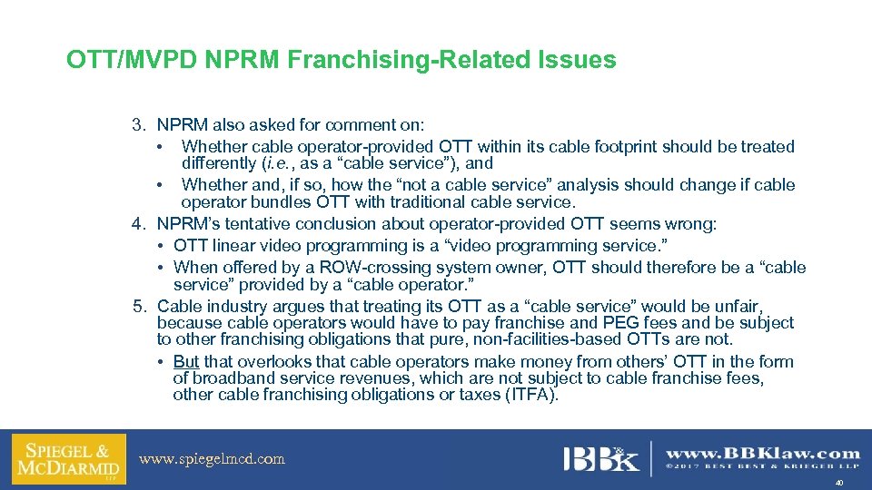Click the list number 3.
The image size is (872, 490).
tap(137, 125)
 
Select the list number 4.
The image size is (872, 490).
tap(137, 224)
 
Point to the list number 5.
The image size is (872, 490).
tap(137, 307)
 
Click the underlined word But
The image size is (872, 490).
tap(186, 362)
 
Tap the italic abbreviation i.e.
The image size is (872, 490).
tap(275, 164)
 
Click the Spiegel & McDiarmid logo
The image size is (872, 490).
tap(68, 460)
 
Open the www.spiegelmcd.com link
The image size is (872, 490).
tap(212, 459)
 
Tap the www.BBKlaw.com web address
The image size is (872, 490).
tap(763, 453)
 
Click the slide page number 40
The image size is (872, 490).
tap(838, 484)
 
